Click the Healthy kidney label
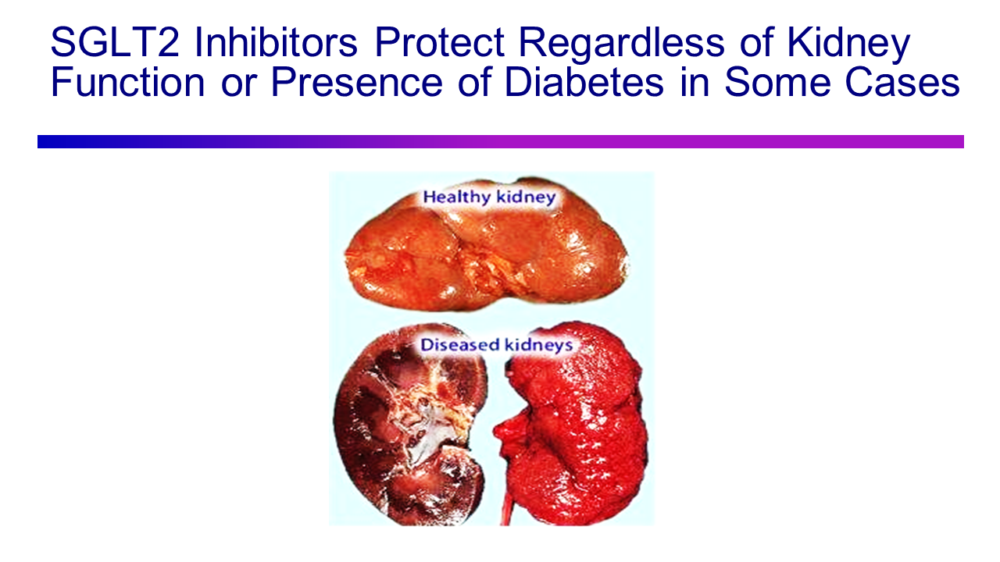tap(489, 197)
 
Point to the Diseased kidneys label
tap(497, 344)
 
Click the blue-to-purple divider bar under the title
tap(500, 141)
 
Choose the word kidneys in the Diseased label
tap(537, 344)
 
